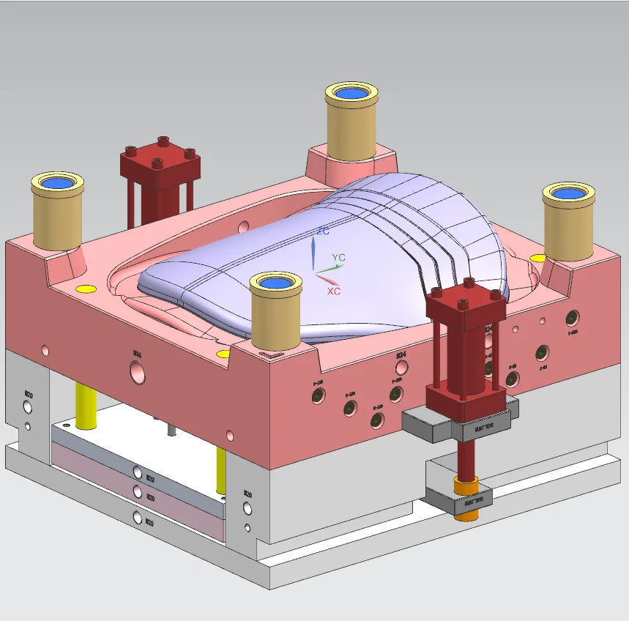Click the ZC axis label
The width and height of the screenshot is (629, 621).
point(322,231)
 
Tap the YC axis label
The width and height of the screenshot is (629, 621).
point(338,258)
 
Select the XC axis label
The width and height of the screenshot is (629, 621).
point(334,291)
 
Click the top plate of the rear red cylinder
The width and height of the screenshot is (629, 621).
point(161,157)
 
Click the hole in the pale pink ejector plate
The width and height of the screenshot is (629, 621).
point(138,490)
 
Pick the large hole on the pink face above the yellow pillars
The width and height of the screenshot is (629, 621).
point(137,374)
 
